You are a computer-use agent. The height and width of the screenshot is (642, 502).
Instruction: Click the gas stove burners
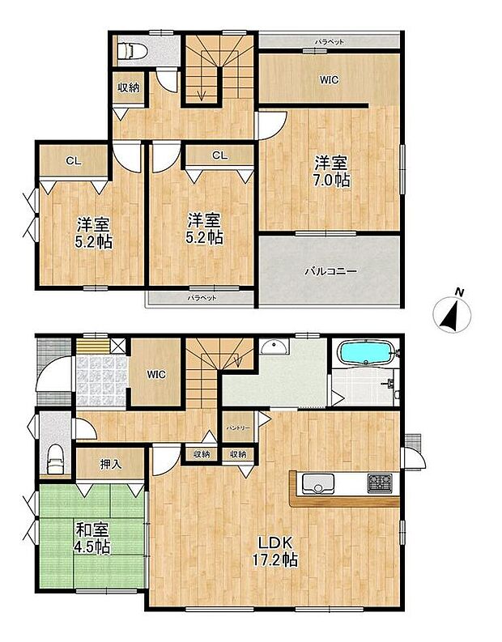379,484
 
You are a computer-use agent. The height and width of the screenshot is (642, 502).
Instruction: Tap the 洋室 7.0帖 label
333,170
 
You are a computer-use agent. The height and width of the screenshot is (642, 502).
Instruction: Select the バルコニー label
330,272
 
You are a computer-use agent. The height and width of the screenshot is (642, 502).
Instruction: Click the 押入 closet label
111,465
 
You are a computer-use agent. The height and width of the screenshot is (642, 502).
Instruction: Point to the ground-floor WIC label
156,374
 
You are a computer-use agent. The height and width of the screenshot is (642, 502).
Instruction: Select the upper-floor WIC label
329,79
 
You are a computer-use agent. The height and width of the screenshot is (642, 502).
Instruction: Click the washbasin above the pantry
274,349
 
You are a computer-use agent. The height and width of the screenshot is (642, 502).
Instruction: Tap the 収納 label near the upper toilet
127,87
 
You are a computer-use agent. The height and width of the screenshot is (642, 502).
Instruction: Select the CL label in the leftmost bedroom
73,160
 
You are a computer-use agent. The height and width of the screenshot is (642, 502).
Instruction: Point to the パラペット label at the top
330,40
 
